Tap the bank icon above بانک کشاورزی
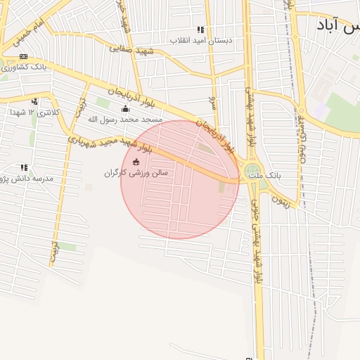click(x=24, y=56)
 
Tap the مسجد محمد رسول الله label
click(x=124, y=120)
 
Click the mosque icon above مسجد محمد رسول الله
click(x=126, y=108)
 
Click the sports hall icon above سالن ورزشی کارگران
click(x=136, y=162)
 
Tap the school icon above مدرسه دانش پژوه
click(x=24, y=168)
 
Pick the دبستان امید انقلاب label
click(x=201, y=41)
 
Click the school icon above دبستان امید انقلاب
click(x=200, y=30)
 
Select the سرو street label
click(x=212, y=103)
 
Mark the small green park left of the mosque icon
click(x=103, y=103)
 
